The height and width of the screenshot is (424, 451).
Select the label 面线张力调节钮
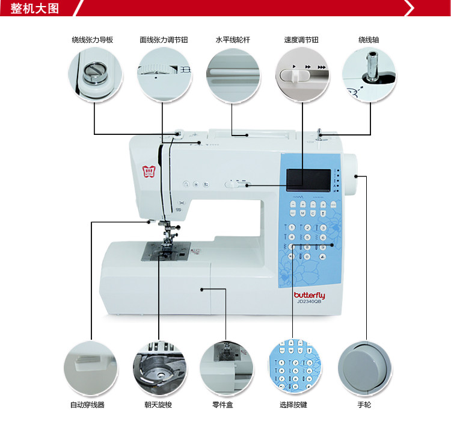click(x=164, y=40)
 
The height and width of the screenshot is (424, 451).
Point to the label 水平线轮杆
click(x=233, y=40)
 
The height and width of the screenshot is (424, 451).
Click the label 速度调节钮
click(x=301, y=40)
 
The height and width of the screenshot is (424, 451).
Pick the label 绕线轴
click(x=369, y=40)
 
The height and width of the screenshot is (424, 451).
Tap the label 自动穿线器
click(x=91, y=405)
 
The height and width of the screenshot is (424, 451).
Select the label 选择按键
click(x=293, y=405)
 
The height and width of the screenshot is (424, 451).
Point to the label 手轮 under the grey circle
click(x=364, y=405)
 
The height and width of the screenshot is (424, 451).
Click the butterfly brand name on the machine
click(x=309, y=295)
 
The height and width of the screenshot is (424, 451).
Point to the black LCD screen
click(x=308, y=179)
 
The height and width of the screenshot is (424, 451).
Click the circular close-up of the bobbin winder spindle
click(x=369, y=73)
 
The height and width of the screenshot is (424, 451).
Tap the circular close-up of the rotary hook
click(x=160, y=368)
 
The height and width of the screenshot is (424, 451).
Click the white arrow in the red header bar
click(x=410, y=8)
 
